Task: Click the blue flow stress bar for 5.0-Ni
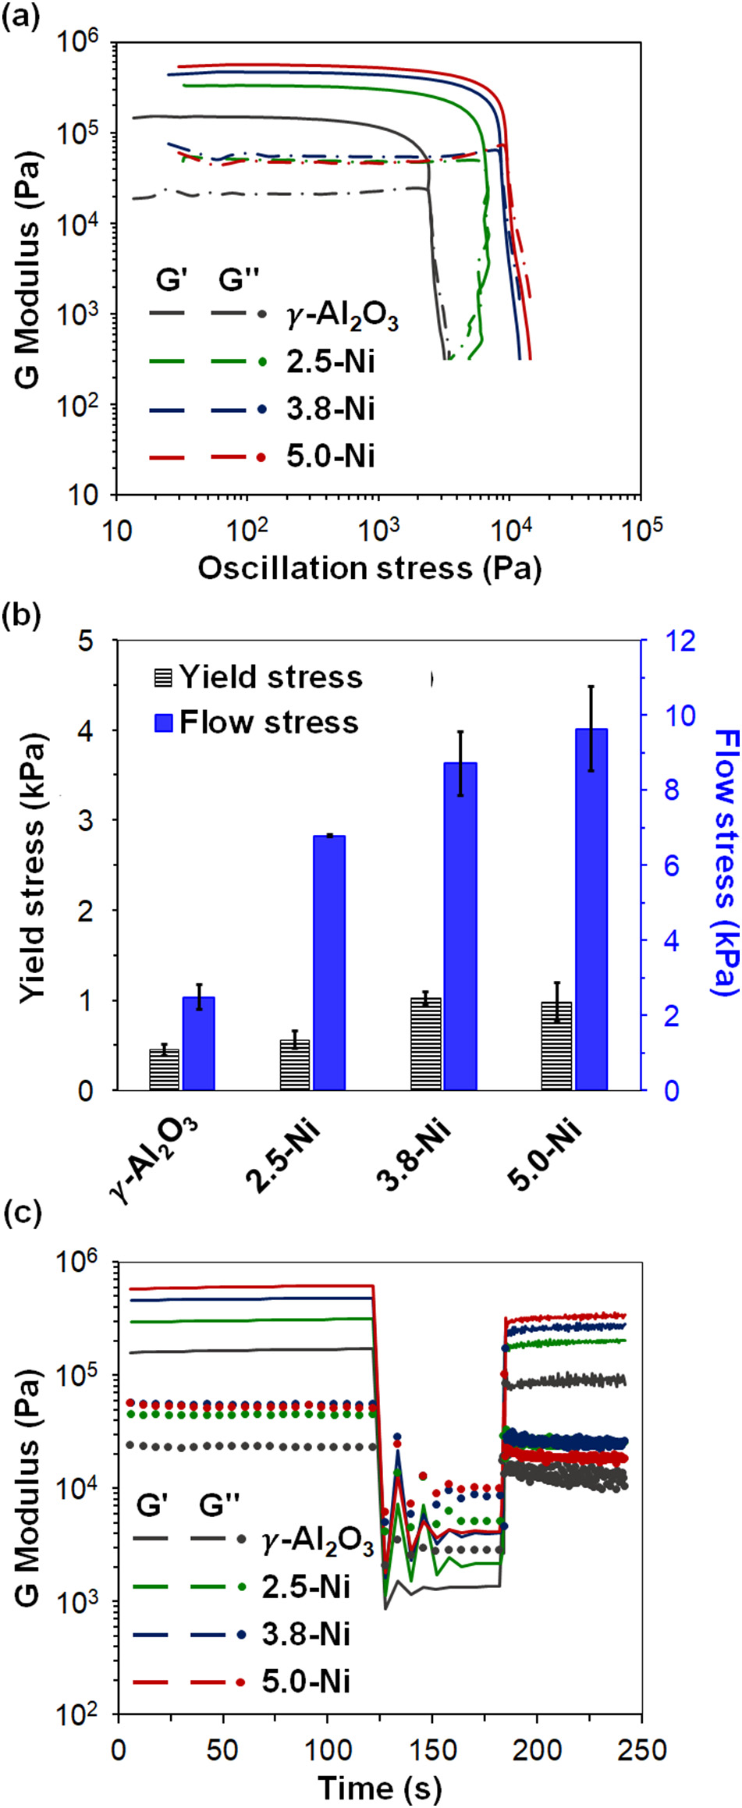tap(591, 909)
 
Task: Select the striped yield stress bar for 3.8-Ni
tap(425, 1043)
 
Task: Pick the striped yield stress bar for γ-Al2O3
tap(164, 1069)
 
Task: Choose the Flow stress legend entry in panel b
tap(257, 723)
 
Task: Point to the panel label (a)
tap(20, 16)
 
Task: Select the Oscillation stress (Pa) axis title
tap(369, 568)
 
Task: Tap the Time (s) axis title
tap(379, 1787)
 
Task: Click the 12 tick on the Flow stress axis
tap(680, 641)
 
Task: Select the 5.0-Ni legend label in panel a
tap(330, 456)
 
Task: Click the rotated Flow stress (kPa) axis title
tap(724, 862)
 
